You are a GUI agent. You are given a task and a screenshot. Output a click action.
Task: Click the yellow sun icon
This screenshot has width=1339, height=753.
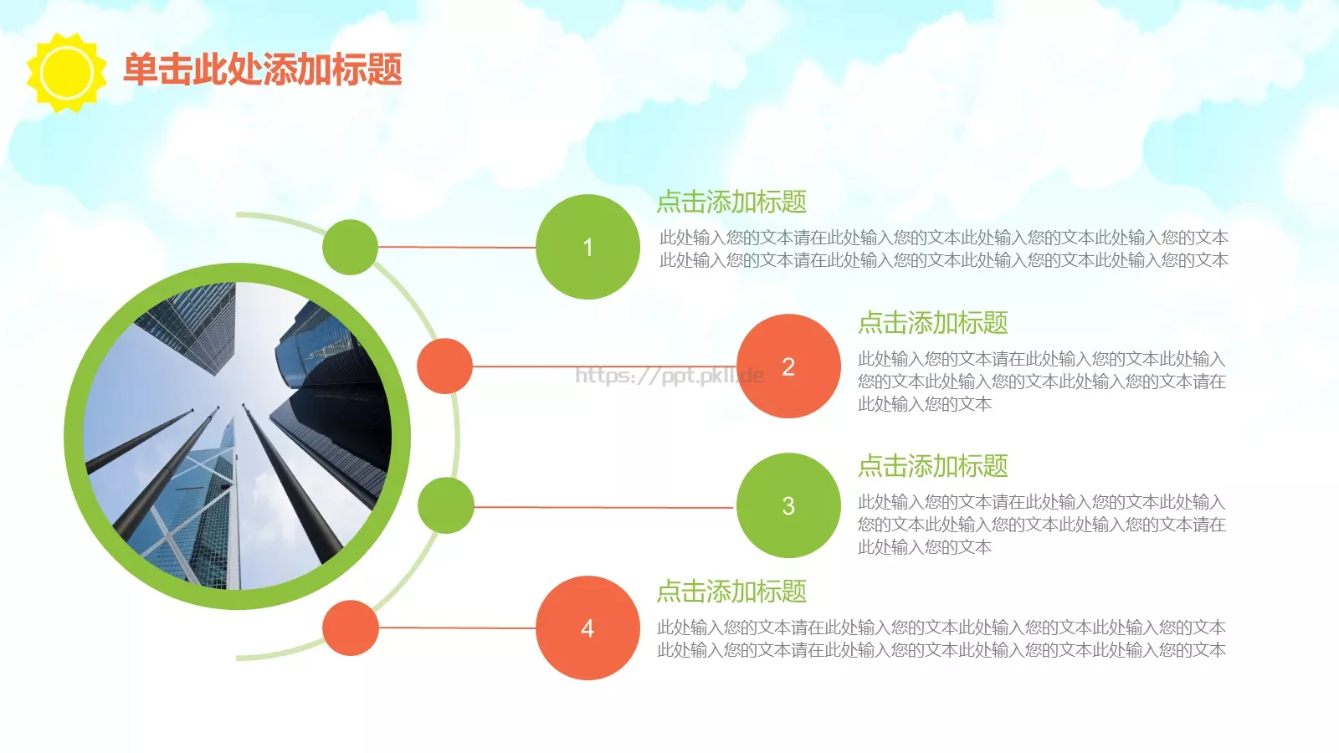point(66,72)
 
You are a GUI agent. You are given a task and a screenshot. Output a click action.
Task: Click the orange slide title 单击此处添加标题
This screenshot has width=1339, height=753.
point(263,69)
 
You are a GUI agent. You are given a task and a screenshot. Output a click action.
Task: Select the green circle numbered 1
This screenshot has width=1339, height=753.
point(587,247)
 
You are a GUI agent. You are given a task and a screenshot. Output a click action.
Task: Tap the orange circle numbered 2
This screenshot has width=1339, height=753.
point(788,366)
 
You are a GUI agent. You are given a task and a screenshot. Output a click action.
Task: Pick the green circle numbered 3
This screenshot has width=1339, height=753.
point(788,505)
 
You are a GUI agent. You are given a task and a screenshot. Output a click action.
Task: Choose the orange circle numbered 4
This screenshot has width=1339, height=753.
point(587,627)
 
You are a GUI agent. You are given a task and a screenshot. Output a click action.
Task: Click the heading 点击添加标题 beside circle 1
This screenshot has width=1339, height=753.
point(731,202)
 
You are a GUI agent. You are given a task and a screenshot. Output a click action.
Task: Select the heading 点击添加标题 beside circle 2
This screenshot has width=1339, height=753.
point(932,323)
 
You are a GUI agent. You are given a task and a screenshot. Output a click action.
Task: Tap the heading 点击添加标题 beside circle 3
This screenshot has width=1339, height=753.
point(932,466)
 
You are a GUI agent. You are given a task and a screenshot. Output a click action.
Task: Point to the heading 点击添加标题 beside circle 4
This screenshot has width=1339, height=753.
point(731,592)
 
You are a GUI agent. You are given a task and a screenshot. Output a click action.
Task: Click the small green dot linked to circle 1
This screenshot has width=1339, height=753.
point(350,247)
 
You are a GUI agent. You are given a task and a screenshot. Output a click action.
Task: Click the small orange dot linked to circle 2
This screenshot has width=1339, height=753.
point(444,366)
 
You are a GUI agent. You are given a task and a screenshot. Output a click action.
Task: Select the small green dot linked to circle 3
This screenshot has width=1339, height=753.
point(445,505)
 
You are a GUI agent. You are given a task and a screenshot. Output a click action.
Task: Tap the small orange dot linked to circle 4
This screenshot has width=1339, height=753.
point(350,627)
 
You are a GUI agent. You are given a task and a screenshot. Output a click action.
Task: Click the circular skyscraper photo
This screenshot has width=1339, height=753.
point(238,436)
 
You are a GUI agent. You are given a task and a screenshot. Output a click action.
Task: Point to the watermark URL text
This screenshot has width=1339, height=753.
point(669,376)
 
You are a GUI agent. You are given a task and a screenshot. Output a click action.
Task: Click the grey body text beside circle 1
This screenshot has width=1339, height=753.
point(943,248)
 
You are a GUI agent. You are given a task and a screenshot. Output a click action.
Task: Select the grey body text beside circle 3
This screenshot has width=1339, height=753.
point(1041,525)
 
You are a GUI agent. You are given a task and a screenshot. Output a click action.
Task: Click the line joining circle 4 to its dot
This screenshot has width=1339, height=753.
point(457,627)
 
